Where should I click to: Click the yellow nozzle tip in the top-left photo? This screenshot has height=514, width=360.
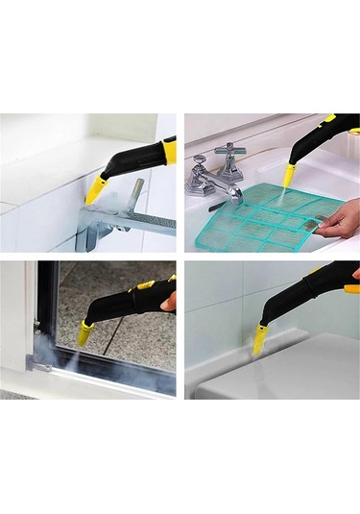95,191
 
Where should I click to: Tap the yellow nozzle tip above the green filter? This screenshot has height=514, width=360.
289,175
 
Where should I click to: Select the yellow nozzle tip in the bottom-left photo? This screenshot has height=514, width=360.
85,332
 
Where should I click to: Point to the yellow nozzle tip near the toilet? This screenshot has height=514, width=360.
260,337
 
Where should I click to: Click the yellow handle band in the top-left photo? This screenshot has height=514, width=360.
169,150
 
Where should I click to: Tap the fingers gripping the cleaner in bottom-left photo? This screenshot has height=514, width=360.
169,302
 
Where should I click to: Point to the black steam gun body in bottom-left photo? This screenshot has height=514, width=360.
125,303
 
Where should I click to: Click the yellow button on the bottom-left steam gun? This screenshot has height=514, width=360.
145,285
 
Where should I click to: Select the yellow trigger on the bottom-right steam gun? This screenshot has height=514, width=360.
351,288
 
